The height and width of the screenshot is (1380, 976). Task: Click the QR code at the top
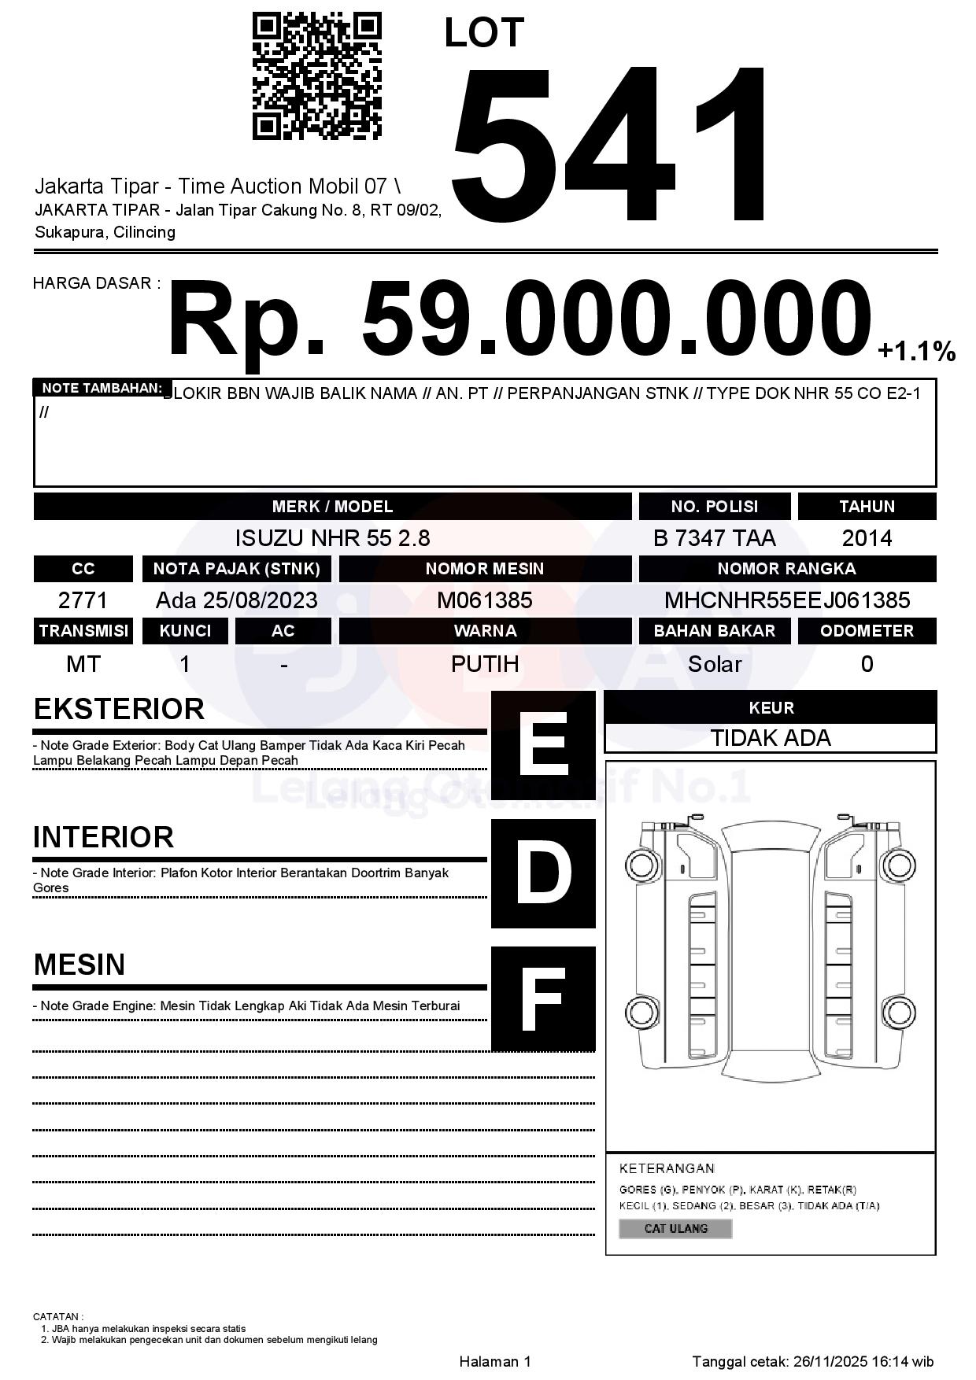316,76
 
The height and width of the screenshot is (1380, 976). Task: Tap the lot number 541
610,146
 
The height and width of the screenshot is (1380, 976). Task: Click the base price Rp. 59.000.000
519,320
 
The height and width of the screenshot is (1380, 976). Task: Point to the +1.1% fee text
916,351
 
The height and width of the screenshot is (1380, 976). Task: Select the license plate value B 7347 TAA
714,538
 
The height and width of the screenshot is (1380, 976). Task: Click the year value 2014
867,538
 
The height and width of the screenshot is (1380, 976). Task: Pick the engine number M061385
485,600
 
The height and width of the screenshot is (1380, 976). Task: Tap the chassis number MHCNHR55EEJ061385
787,600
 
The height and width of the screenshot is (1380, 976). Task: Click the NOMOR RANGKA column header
787,569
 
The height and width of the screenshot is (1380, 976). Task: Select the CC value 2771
83,600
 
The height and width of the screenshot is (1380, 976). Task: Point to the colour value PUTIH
485,664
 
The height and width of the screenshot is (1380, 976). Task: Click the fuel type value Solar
714,664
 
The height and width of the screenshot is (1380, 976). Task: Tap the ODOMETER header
867,631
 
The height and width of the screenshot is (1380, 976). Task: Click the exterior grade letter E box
543,744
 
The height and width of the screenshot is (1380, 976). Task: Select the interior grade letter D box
543,873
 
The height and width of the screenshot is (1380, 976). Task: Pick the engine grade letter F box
543,998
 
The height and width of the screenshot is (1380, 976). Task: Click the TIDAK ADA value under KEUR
771,738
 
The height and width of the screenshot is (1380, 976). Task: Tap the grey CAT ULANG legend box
675,1228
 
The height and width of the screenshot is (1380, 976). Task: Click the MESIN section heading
79,965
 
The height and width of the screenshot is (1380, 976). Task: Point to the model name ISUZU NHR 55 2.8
332,538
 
